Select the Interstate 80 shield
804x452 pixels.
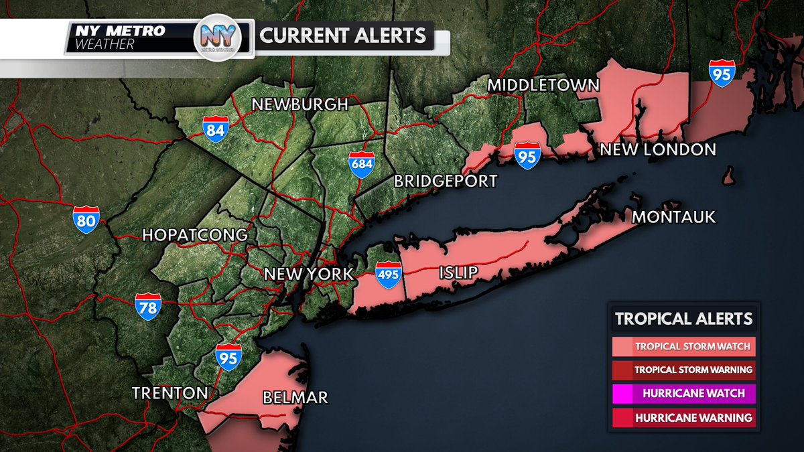[87, 219]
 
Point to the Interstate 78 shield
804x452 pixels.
[148, 306]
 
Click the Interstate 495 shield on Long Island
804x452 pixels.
[388, 275]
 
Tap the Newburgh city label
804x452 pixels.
[299, 104]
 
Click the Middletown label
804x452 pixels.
[543, 85]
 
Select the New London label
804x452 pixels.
[658, 149]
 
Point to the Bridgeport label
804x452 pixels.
[446, 181]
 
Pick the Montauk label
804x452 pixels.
[674, 217]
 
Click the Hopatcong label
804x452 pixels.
[195, 235]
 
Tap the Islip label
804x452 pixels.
[460, 273]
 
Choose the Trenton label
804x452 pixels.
[170, 392]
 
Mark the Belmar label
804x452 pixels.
[295, 398]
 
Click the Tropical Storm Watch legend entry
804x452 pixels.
[684, 347]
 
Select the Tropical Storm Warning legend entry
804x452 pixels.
[684, 370]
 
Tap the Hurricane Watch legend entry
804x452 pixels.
[684, 393]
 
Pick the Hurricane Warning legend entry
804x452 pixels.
[684, 418]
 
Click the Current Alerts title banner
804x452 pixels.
[343, 35]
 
